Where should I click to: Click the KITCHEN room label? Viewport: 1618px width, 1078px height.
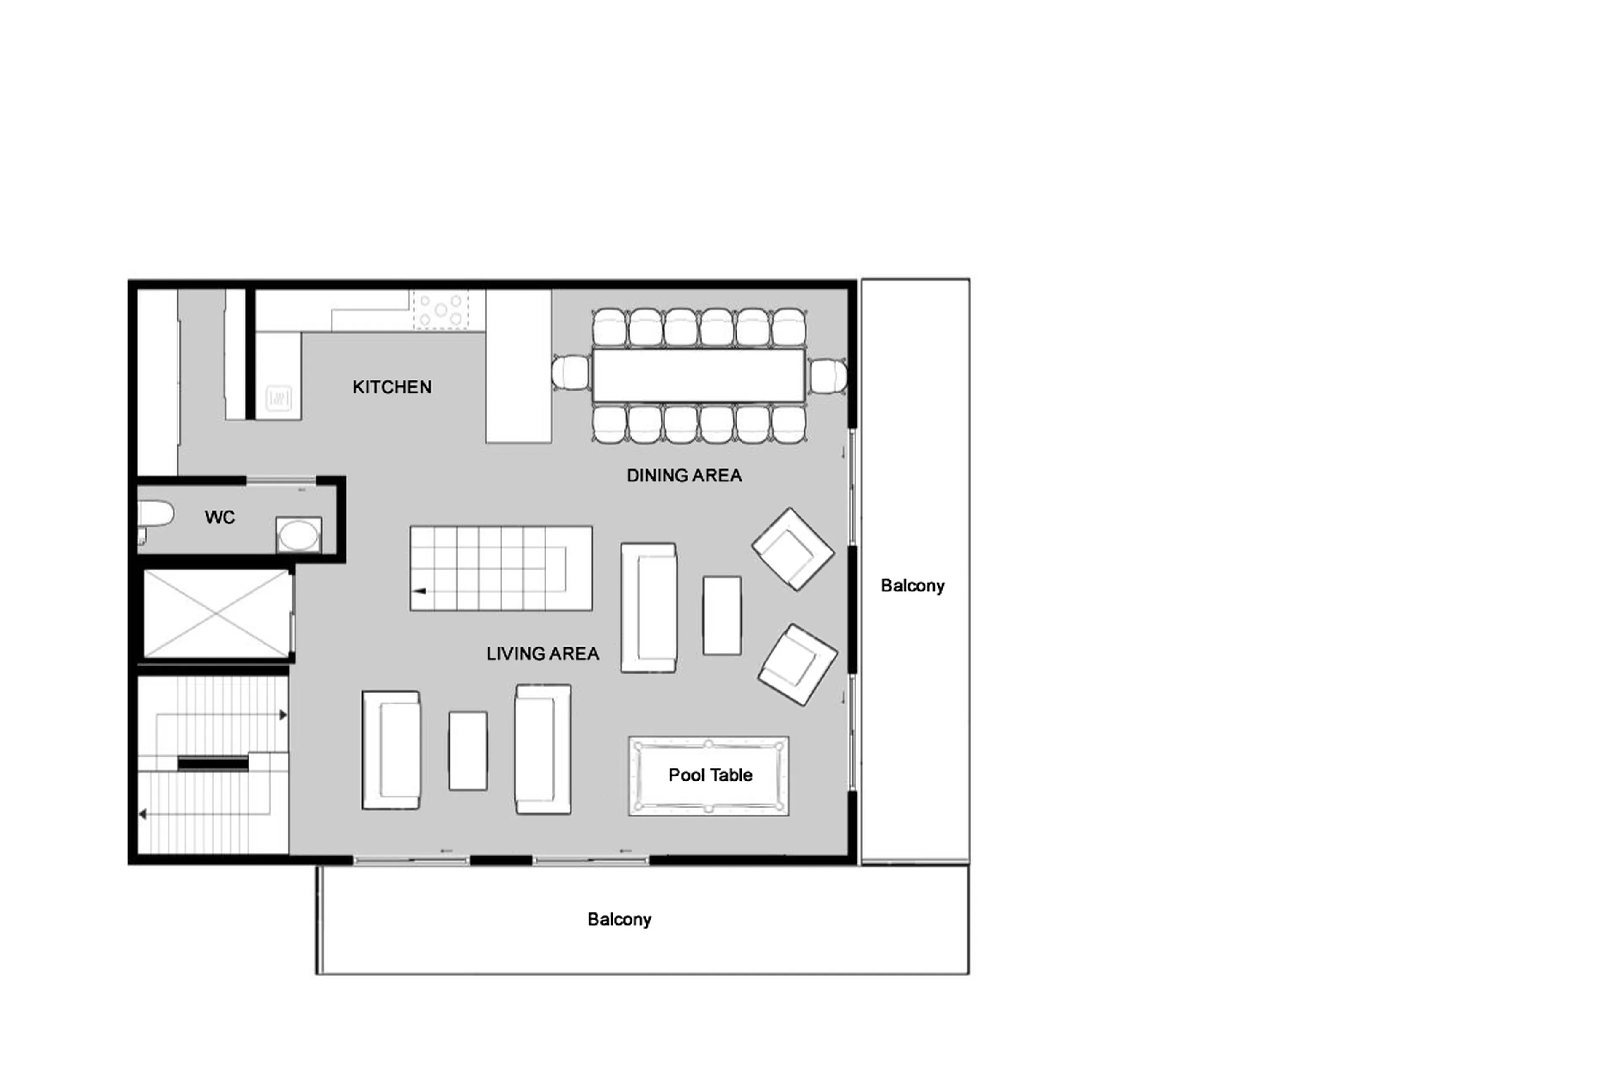[x=391, y=387]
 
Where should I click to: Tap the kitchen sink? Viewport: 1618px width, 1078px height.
[x=279, y=397]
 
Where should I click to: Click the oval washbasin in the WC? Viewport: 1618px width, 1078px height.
[x=298, y=535]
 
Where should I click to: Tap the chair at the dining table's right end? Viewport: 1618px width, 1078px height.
[x=827, y=376]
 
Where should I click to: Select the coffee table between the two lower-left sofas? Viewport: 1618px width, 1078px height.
[x=468, y=751]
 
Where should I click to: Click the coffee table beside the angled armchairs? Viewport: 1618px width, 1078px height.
[x=721, y=615]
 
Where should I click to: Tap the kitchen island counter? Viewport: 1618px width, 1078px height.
[x=518, y=366]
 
